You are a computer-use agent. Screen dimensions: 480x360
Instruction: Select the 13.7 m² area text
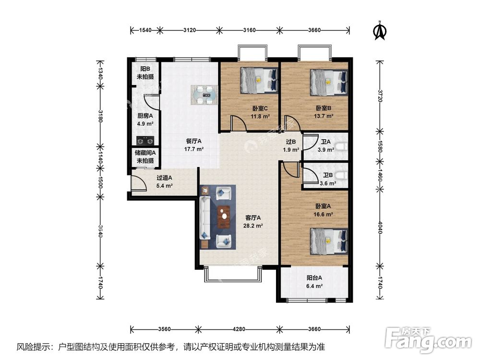[x=324, y=116]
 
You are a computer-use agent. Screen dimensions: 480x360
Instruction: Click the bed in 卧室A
[x=329, y=241]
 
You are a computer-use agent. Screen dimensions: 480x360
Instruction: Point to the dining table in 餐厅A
[x=204, y=95]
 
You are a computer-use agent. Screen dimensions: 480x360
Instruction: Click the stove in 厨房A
[x=145, y=141]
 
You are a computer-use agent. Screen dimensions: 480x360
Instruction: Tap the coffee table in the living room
[x=224, y=217]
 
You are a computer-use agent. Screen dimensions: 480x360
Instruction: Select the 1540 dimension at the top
[x=145, y=30]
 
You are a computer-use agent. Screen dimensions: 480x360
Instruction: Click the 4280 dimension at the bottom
[x=239, y=329]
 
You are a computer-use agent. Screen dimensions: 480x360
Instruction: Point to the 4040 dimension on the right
[x=380, y=228]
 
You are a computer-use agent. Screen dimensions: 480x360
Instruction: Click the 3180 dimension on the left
[x=100, y=116]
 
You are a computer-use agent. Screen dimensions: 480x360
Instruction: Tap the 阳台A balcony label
[x=314, y=278]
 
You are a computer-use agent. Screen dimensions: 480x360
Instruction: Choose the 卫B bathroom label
[x=328, y=175]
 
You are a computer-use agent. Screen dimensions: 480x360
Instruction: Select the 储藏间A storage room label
[x=145, y=153]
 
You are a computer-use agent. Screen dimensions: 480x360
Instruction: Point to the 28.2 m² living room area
[x=253, y=226]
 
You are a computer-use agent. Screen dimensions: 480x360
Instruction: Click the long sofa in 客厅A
[x=204, y=217]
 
